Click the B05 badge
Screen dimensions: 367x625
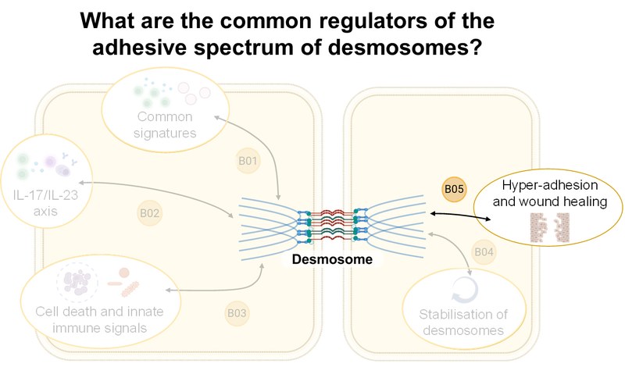click(454, 189)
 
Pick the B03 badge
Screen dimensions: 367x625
click(237, 314)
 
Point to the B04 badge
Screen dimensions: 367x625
click(484, 252)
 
